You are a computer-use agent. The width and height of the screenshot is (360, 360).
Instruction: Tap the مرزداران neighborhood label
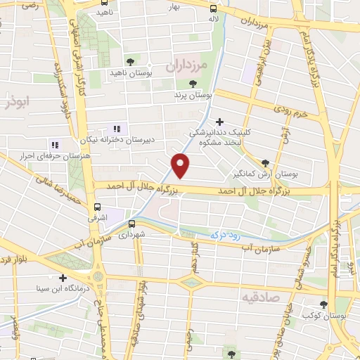pos(187,66)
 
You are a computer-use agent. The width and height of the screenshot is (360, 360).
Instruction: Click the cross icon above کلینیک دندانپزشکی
pos(220,122)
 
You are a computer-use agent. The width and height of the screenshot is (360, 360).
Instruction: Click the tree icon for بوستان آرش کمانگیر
pos(265,162)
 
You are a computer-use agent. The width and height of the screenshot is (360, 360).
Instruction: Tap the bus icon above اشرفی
pos(98,207)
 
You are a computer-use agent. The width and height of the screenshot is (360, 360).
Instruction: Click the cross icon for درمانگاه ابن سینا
pos(64,278)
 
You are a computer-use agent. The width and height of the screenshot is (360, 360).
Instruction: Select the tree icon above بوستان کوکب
pos(323,305)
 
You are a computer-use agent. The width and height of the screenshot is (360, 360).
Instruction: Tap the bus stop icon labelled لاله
pos(213,8)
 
